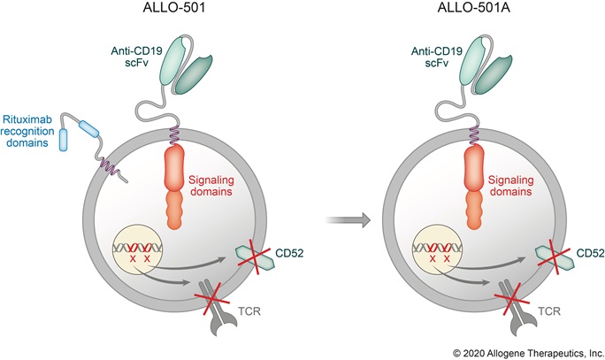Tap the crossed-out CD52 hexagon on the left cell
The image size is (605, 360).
(x=252, y=255)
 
